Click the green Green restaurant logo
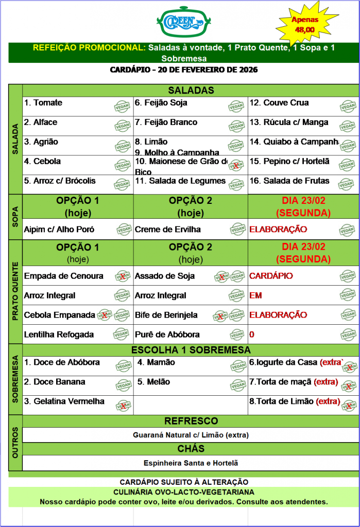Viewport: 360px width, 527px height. (180, 21)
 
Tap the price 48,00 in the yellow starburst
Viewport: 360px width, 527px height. (305, 30)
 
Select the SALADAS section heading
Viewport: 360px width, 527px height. (191, 91)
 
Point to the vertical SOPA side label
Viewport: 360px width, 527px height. (15, 217)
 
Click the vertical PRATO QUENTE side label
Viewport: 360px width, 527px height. (15, 292)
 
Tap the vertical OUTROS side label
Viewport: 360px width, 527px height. (15, 442)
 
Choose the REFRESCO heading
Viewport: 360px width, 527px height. (191, 421)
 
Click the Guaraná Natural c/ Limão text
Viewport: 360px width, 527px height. (191, 435)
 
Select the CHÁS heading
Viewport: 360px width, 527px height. (191, 449)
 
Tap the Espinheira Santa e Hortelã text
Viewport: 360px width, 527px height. (191, 463)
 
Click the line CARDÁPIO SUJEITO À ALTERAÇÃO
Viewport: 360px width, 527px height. (184, 482)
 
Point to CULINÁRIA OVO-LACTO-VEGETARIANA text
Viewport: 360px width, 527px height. (184, 492)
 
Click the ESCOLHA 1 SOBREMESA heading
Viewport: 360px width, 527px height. (191, 350)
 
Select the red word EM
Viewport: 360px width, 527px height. (255, 296)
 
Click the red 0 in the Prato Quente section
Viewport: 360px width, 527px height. (252, 335)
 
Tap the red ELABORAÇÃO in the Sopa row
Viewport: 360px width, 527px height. (278, 229)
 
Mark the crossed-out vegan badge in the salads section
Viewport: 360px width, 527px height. (236, 165)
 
